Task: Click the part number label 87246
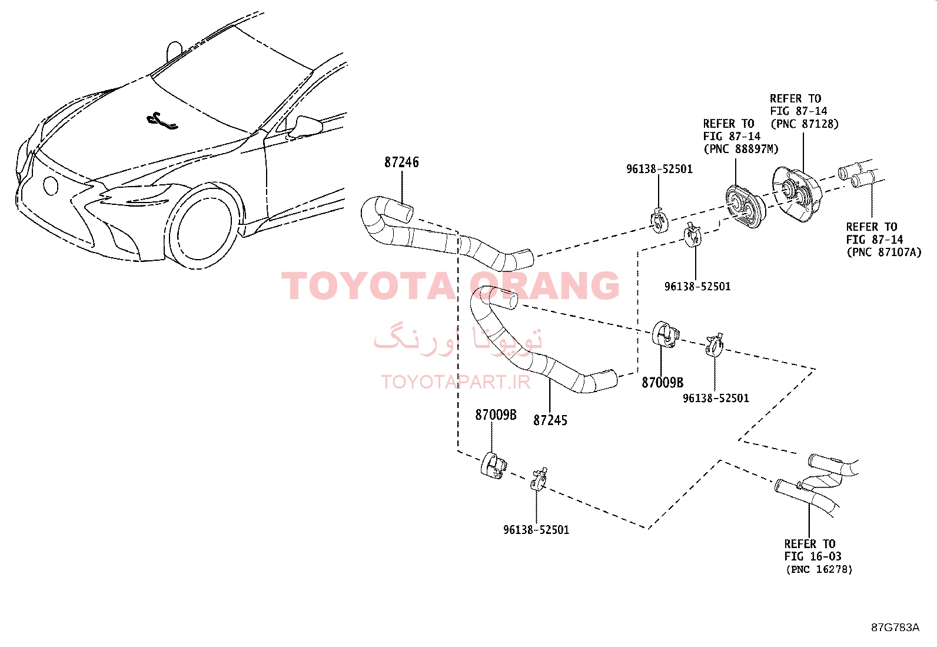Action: [401, 162]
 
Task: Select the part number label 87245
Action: [550, 420]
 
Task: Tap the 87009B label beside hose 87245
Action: [663, 383]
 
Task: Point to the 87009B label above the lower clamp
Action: [496, 414]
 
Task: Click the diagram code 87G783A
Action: [895, 628]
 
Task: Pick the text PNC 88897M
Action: [741, 149]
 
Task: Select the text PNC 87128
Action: [805, 124]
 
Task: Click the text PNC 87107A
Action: [884, 253]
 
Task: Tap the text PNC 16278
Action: [819, 569]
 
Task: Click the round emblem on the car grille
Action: [51, 185]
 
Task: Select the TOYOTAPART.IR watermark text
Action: [456, 382]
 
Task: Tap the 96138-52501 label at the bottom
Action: [536, 530]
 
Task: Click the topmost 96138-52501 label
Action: [659, 169]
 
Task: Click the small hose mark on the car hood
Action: [162, 121]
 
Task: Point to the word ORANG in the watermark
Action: [544, 286]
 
